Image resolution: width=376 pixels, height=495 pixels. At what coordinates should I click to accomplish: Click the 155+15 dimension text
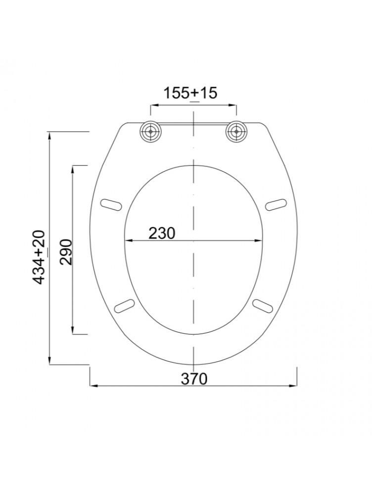(190, 93)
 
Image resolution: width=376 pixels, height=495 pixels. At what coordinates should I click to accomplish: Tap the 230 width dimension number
(161, 233)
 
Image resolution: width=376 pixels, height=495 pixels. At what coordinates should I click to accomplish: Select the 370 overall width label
(194, 379)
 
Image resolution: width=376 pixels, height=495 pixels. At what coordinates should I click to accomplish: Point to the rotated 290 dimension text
(66, 252)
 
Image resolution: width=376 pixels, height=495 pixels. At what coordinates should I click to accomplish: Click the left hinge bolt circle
(150, 131)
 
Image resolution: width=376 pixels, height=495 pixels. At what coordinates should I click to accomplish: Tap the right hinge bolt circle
(236, 131)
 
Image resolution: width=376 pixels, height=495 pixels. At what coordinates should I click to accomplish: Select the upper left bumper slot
(111, 204)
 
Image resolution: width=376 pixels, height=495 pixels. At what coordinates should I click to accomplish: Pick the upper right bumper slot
(277, 204)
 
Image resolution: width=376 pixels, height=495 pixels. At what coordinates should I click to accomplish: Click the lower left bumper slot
(125, 306)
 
